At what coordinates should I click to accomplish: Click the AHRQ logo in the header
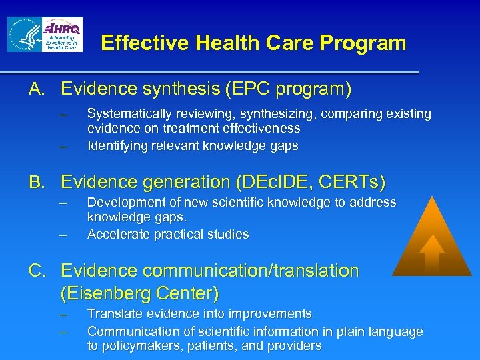pos(62,34)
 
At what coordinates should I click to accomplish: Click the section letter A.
pos(35,89)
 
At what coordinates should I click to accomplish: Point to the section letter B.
pos(35,181)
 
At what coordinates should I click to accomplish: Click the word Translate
pos(113,313)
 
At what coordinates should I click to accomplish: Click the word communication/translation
pos(259,271)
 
